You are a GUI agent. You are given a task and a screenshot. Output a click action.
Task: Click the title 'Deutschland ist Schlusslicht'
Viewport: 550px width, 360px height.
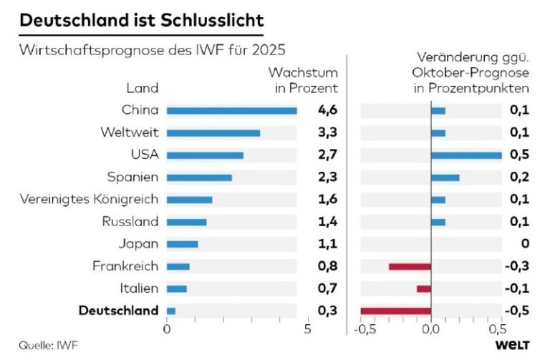[x=141, y=21]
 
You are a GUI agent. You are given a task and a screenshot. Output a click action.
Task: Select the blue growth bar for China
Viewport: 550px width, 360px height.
[x=231, y=110]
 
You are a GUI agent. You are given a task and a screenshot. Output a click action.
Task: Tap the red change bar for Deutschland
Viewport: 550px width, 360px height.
[x=395, y=311]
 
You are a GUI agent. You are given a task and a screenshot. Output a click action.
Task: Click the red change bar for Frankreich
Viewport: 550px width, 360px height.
[x=410, y=266]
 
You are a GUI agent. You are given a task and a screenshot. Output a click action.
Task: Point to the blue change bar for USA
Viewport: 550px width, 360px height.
[x=466, y=155]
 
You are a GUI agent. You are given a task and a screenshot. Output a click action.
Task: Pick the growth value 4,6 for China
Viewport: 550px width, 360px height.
[x=327, y=110]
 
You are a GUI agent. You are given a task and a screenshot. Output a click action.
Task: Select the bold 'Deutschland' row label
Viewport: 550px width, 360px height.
[x=118, y=311]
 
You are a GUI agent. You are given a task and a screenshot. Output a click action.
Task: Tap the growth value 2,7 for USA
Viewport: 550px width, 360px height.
[x=327, y=155]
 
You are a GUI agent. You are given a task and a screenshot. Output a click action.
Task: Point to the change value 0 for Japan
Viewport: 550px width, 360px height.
[x=525, y=244]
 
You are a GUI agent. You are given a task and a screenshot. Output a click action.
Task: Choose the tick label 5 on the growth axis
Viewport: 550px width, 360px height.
[x=307, y=330]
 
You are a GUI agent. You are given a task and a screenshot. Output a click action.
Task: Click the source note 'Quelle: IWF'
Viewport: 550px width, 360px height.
[x=44, y=345]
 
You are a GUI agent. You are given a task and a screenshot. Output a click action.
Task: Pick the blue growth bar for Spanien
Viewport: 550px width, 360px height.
[x=199, y=177]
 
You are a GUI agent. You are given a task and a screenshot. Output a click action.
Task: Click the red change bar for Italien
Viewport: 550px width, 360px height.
[x=424, y=288]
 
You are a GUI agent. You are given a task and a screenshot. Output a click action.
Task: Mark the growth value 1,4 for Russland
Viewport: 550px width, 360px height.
[x=327, y=222]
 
